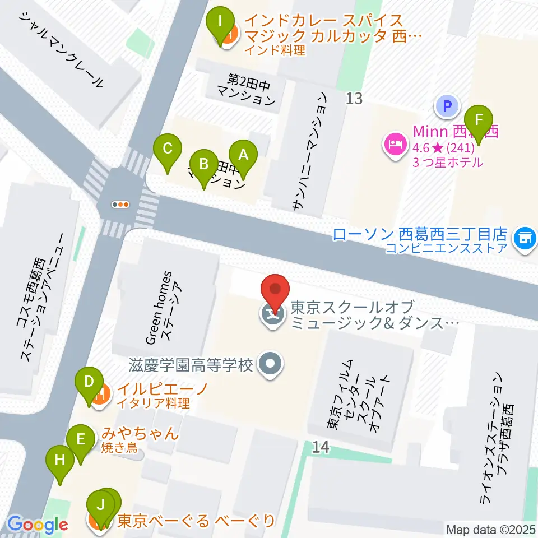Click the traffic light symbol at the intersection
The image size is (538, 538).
(x=121, y=205)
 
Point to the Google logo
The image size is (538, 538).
(x=38, y=525)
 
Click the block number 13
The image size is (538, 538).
(x=354, y=99)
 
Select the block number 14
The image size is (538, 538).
(x=321, y=447)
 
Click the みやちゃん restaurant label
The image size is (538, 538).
(x=140, y=433)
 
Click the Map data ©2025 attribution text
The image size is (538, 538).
(x=490, y=530)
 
